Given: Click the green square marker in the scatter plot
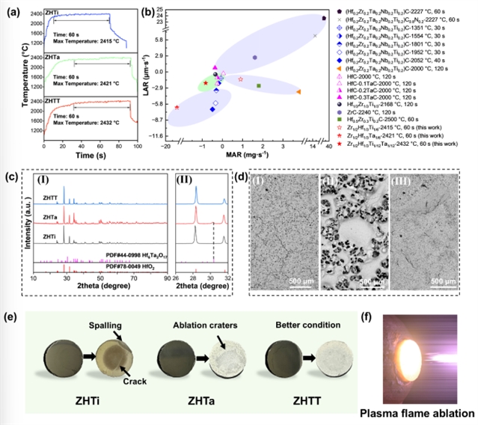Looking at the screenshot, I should pos(259,86).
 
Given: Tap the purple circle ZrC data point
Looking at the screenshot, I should pos(255,58).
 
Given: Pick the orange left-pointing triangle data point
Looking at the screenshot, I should pos(298,91).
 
